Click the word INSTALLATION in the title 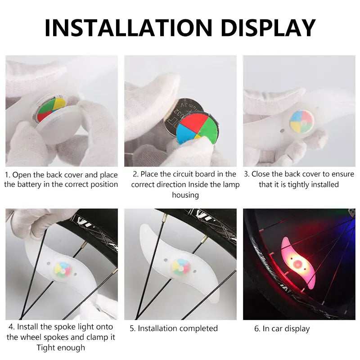(128, 27)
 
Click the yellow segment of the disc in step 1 (59, 103)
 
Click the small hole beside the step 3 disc (282, 131)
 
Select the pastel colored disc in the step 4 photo (63, 269)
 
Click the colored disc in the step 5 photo (181, 267)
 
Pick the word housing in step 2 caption (185, 195)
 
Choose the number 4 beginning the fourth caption (11, 327)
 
